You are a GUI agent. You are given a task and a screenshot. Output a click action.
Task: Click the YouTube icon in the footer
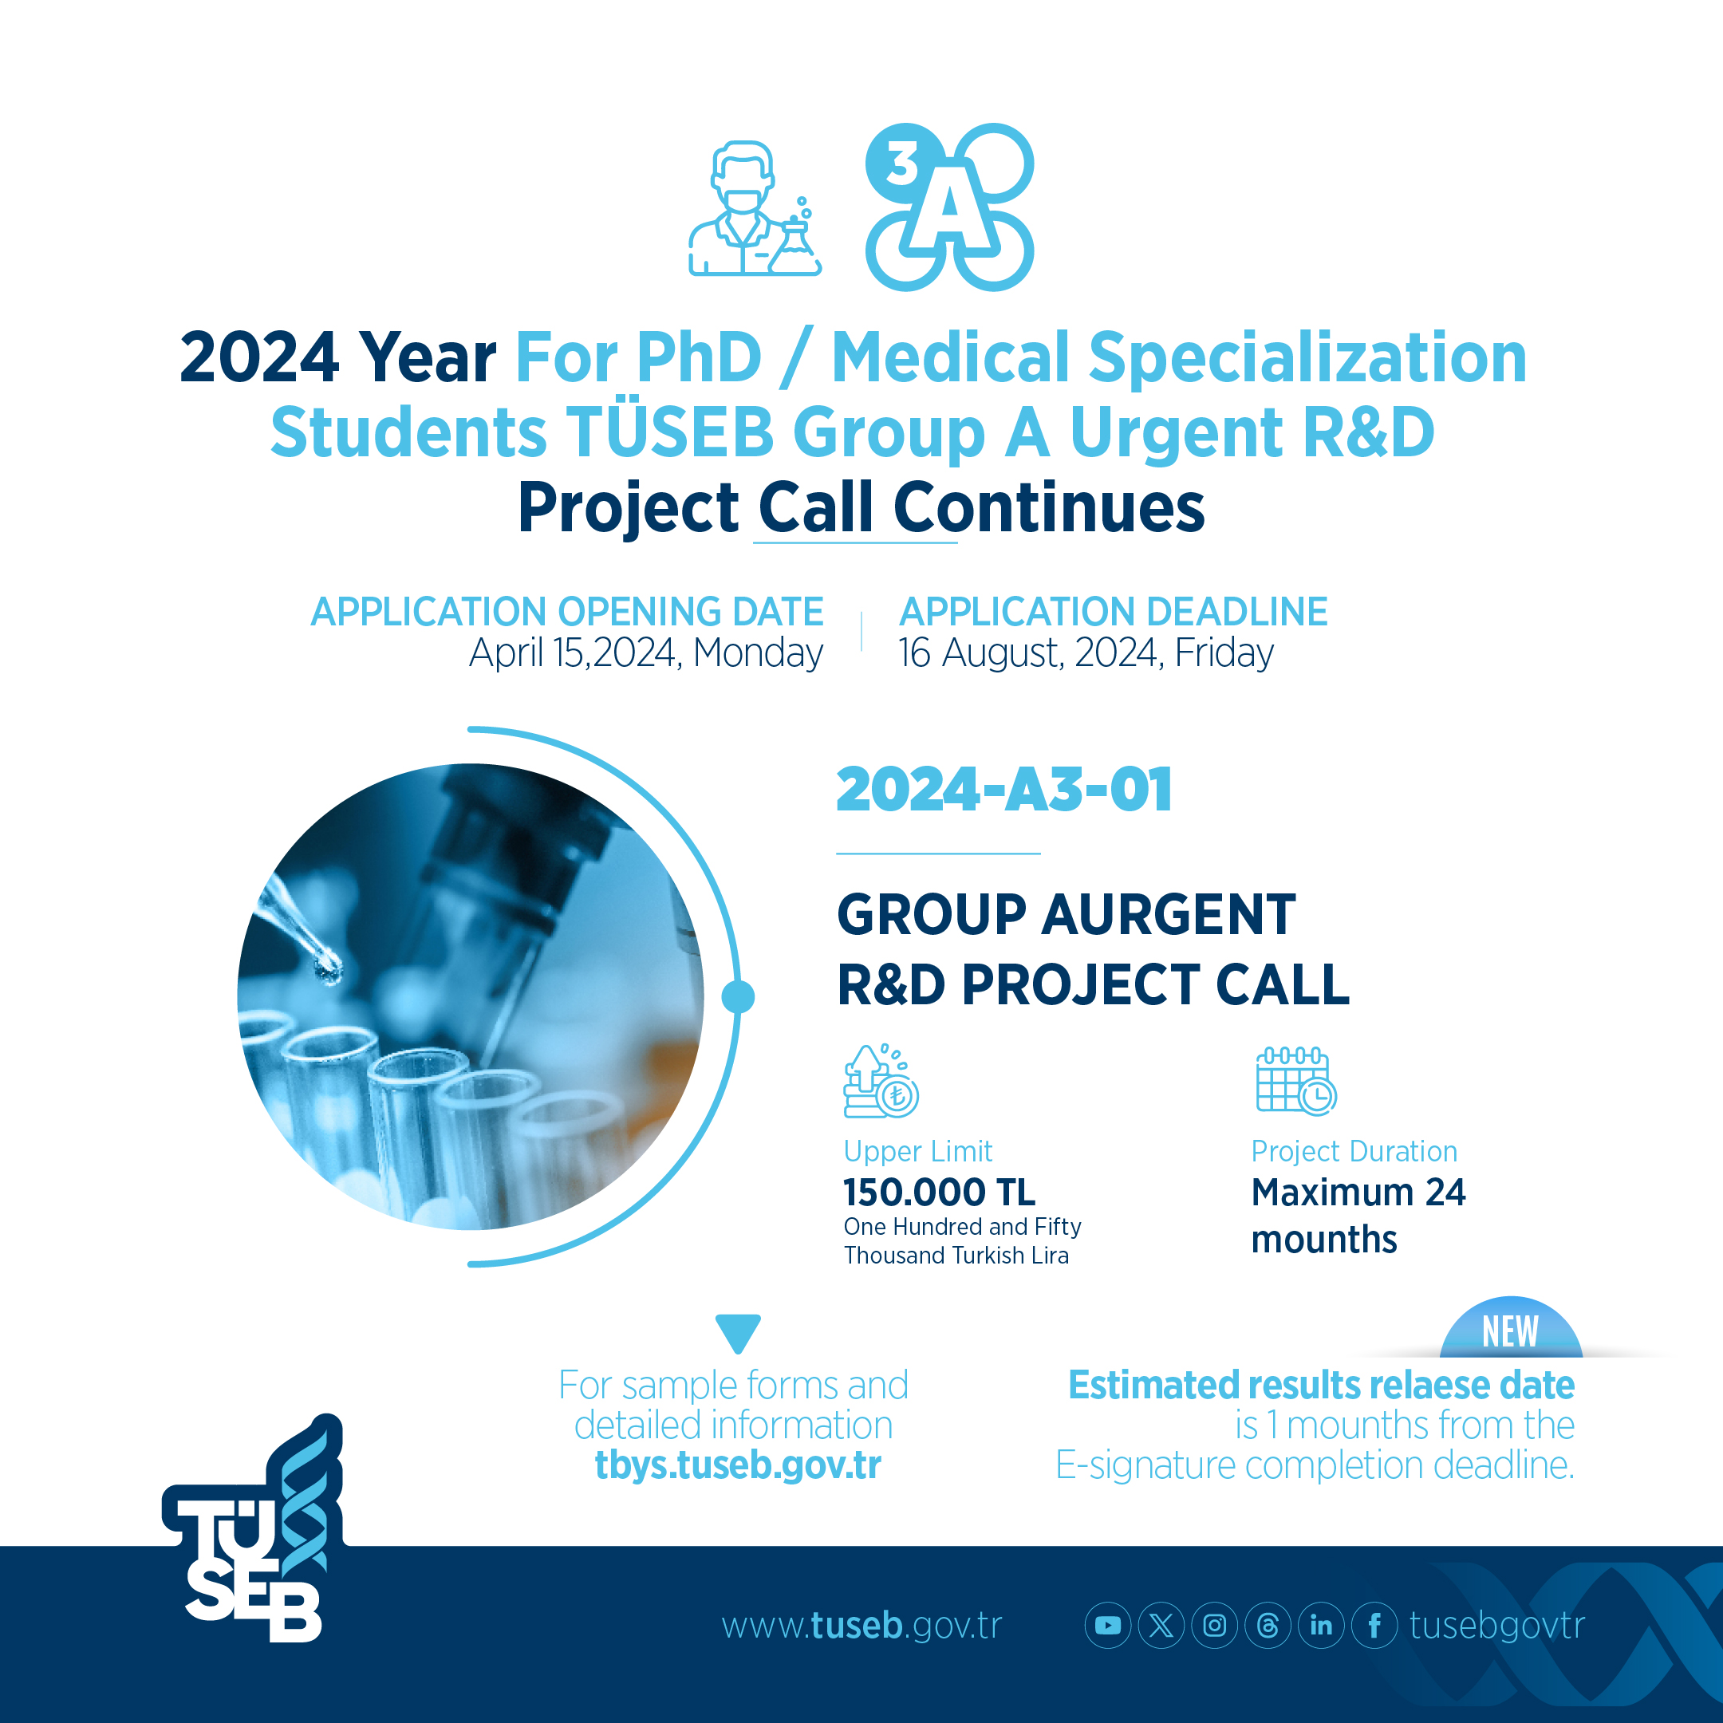coord(1108,1625)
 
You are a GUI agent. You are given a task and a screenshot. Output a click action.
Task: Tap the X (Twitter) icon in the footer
coord(1161,1625)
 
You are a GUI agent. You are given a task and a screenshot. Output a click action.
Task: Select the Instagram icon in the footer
coord(1215,1625)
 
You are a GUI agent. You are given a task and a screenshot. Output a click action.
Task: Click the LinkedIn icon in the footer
coord(1321,1625)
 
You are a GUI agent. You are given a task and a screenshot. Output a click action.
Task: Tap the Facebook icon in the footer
coord(1374,1625)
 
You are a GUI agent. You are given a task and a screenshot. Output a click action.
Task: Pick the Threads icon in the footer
coord(1268,1625)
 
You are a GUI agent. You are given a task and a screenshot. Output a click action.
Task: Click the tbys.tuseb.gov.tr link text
coord(738,1465)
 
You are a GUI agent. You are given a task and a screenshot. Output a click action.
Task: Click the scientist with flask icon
coord(755,207)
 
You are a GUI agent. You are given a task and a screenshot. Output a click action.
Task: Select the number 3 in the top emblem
coord(902,164)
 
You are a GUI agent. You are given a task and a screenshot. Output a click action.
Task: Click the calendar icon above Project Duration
coord(1295,1081)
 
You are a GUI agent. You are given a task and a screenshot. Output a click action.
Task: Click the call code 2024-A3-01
coord(1004,791)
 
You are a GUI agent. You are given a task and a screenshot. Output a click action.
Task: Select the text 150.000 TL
coord(939,1193)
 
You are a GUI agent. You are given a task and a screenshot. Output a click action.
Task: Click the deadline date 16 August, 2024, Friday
coord(1086,653)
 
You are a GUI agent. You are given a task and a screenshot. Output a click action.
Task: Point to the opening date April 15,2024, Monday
coord(645,653)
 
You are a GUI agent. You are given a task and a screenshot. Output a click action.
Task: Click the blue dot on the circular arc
coord(738,996)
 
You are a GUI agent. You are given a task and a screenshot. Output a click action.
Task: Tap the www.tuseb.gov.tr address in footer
coord(861,1626)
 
